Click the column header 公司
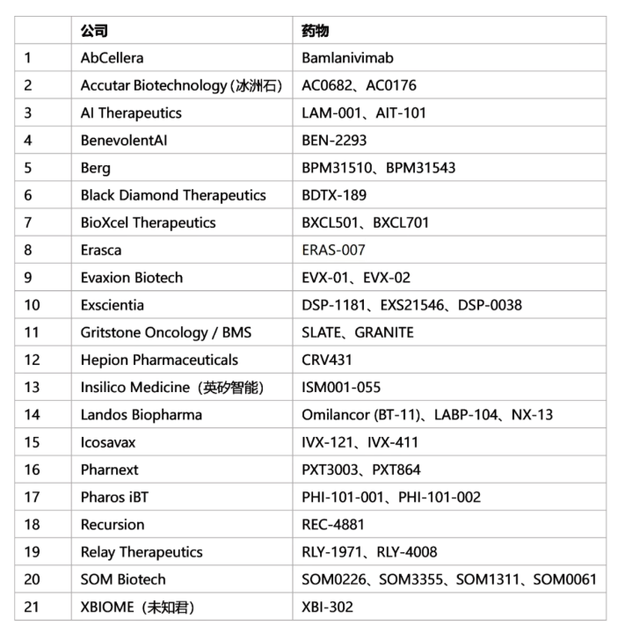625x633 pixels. (94, 31)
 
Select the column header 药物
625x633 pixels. (315, 31)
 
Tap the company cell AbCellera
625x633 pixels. (112, 58)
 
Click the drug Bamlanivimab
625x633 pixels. (347, 58)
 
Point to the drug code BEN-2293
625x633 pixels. (334, 140)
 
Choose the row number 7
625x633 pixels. (28, 222)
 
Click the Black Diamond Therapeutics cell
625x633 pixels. (160, 195)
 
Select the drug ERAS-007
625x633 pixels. (333, 250)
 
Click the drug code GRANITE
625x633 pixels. (384, 332)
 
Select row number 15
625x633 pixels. (32, 442)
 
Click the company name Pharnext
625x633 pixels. (110, 469)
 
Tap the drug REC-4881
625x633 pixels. (332, 525)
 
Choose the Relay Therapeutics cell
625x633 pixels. (142, 552)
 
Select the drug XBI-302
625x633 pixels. (328, 607)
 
